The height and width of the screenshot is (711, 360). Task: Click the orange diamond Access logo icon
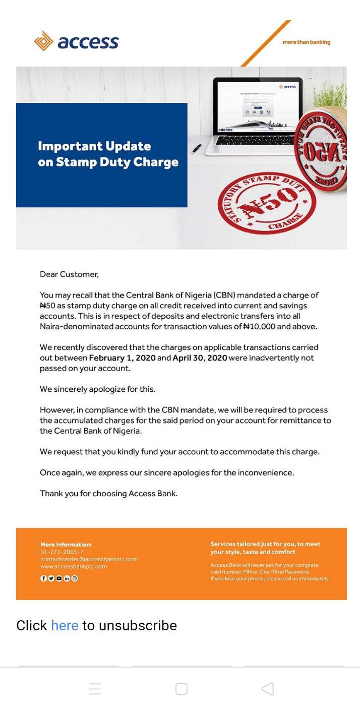(x=43, y=41)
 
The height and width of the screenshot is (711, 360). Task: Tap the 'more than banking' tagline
(x=306, y=42)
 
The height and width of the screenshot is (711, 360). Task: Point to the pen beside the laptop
(x=197, y=148)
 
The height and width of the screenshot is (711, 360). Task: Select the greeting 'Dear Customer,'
(x=69, y=274)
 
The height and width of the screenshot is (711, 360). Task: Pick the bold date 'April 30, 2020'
(x=200, y=358)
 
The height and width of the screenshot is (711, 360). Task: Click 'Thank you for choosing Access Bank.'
(x=109, y=494)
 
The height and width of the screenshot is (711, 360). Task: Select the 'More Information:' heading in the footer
(x=66, y=545)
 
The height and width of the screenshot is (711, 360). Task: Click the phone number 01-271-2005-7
(x=62, y=552)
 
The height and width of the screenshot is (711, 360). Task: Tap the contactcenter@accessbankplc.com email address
(x=89, y=559)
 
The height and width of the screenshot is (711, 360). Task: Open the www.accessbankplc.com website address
(x=74, y=566)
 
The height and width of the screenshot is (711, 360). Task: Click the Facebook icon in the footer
(x=43, y=578)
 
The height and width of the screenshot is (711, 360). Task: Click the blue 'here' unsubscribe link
(x=65, y=626)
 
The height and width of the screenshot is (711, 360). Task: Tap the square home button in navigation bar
(x=181, y=689)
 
